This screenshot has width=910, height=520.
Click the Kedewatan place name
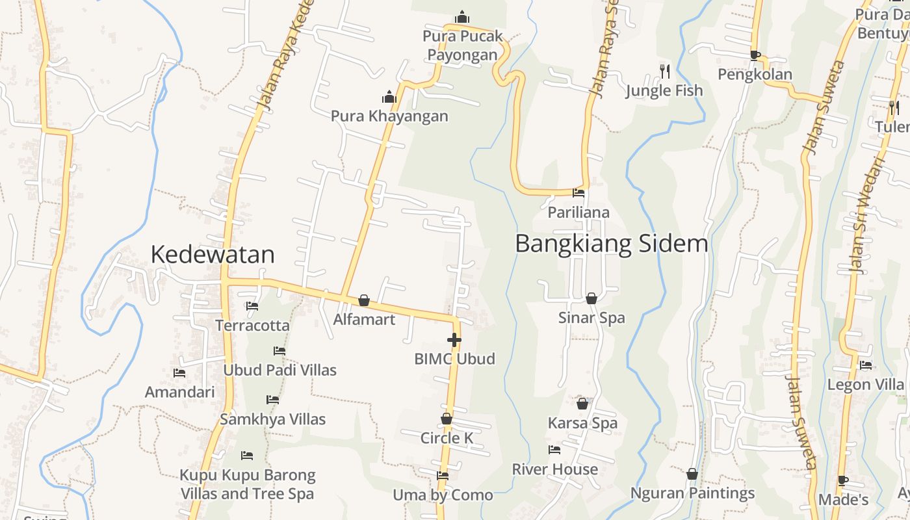click(213, 254)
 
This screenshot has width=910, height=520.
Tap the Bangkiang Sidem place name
click(611, 244)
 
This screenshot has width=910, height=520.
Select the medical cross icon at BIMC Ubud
click(454, 339)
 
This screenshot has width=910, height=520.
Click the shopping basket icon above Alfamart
click(364, 300)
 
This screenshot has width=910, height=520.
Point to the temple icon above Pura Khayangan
click(389, 97)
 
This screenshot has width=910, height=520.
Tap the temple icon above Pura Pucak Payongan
click(462, 16)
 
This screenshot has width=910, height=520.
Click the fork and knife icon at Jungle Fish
click(664, 71)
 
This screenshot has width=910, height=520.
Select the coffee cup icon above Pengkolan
click(755, 55)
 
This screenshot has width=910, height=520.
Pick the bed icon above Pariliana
click(578, 193)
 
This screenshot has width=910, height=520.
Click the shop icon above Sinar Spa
click(591, 298)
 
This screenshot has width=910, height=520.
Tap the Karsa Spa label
click(582, 423)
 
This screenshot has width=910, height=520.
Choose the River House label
click(554, 469)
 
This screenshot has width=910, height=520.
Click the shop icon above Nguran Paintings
click(692, 474)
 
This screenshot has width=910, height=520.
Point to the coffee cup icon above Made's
click(843, 481)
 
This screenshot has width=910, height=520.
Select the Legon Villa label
click(865, 384)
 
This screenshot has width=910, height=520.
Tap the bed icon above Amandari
click(179, 373)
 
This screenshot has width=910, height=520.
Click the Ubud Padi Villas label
click(279, 370)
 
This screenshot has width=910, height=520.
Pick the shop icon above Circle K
click(447, 419)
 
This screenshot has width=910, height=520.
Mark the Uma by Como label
click(443, 495)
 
